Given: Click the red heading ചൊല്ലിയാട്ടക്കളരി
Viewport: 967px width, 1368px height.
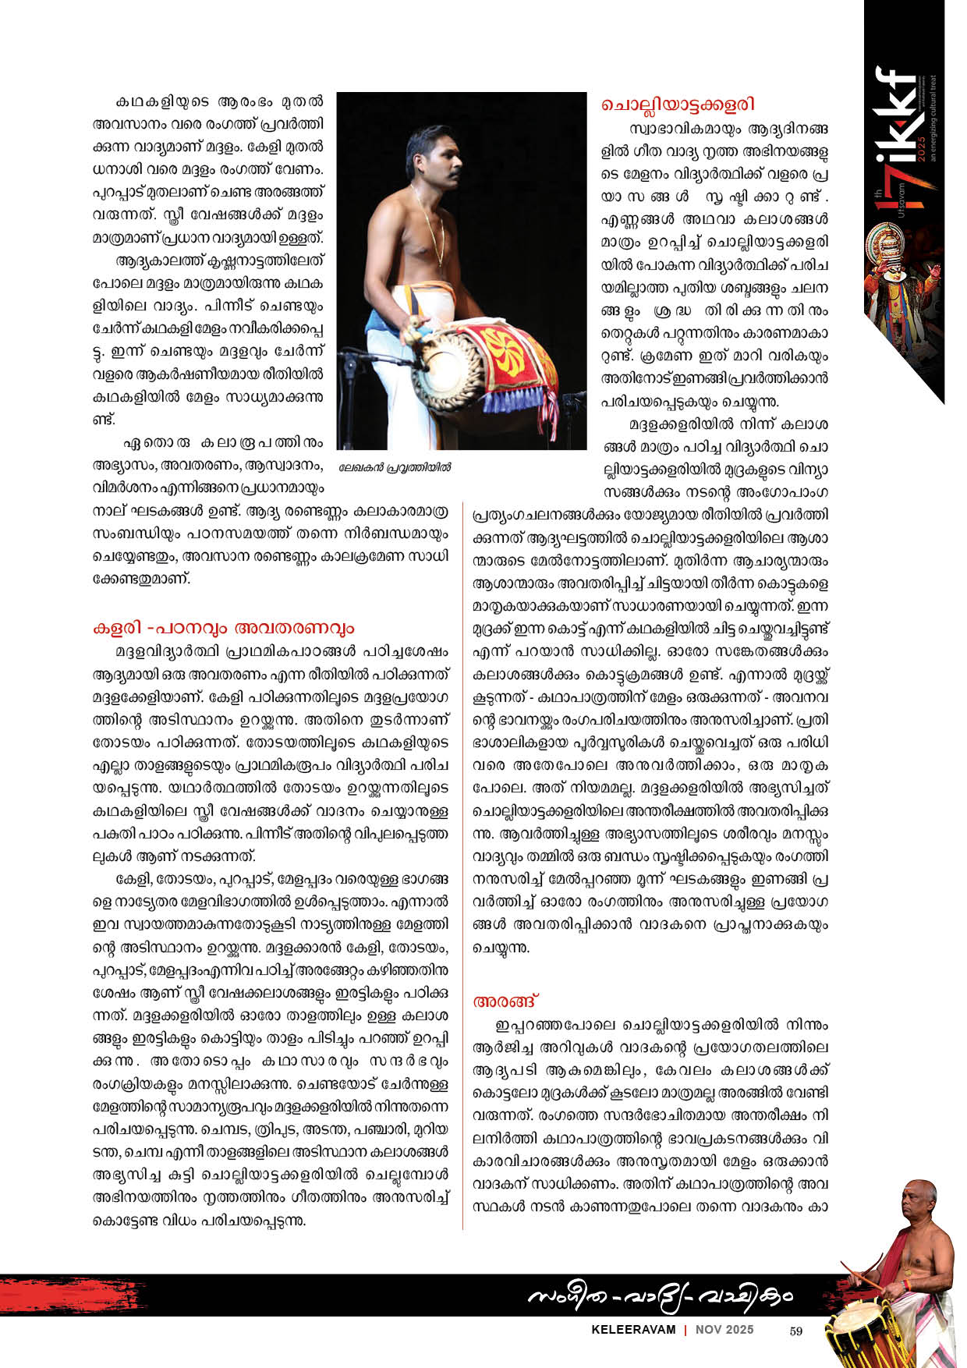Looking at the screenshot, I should point(677,105).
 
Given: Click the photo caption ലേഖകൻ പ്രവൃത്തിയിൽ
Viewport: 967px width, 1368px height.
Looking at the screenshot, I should point(395,468).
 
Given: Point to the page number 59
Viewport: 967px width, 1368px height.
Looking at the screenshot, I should point(795,1331).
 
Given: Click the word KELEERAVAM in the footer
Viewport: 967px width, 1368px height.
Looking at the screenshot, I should point(633,1330).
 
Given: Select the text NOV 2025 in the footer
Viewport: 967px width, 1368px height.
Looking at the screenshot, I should point(724,1330).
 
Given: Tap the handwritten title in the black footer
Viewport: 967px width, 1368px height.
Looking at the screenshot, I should point(659,1295).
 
